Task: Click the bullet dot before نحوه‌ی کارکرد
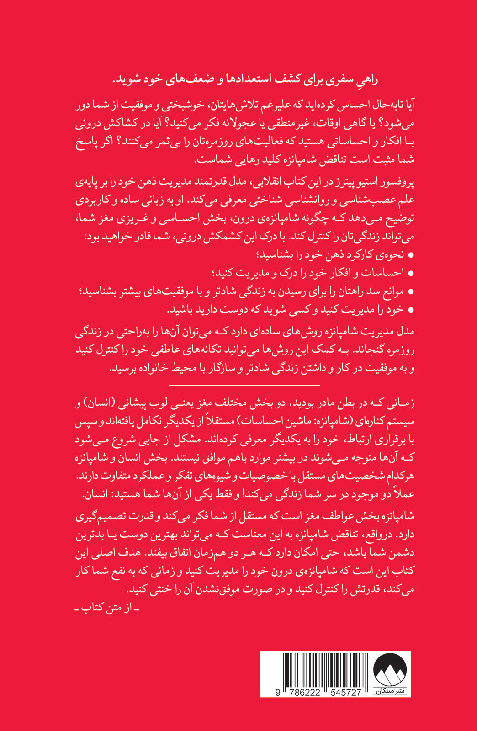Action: [410, 255]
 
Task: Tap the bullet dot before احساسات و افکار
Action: [410, 273]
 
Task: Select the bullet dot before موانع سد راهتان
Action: [410, 291]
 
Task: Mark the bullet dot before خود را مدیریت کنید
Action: [410, 310]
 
